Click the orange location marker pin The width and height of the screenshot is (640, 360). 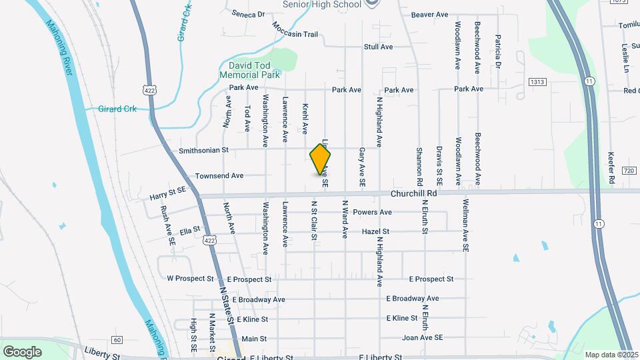tap(321, 160)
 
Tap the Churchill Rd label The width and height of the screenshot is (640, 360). tap(414, 193)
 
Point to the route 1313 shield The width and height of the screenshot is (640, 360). tap(537, 81)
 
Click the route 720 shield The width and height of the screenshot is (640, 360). tap(629, 171)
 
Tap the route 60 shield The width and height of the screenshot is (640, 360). tap(117, 340)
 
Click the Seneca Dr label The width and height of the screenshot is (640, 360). tap(248, 13)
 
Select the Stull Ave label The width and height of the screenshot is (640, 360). tap(378, 47)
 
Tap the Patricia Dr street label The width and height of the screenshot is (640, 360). tap(497, 52)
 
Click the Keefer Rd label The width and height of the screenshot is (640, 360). tap(611, 167)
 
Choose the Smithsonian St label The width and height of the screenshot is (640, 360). tap(203, 151)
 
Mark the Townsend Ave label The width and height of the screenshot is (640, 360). tap(219, 176)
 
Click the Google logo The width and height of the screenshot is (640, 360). tap(22, 351)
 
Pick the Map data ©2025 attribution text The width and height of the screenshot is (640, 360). tap(610, 355)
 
